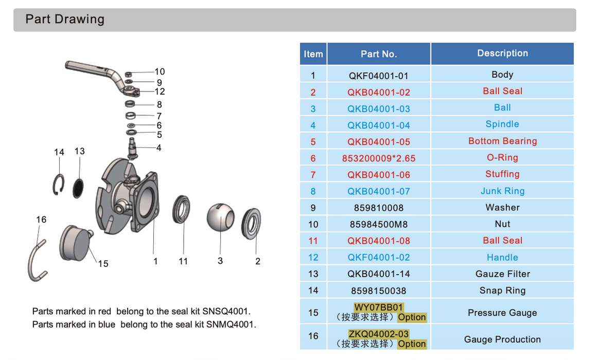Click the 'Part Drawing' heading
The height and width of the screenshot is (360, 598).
coord(65,20)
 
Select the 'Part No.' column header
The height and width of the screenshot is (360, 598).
coord(378,54)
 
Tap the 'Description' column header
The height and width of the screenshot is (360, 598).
coord(502,53)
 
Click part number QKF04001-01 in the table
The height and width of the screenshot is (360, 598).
coord(378,76)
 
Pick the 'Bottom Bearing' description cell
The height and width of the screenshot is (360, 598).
coord(502,141)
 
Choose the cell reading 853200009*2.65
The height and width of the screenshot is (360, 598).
coord(378,158)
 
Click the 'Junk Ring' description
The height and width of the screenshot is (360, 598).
coord(502,191)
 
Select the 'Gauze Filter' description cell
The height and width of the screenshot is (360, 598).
coord(502,274)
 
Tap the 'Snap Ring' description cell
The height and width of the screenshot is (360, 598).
coord(502,291)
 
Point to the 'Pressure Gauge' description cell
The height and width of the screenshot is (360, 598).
coord(502,313)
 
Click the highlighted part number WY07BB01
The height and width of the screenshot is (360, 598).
coord(378,308)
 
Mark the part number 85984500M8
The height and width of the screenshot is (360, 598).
coord(378,224)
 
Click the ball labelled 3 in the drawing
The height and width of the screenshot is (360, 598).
coord(221,218)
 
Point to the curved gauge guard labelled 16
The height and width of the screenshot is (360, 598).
coord(35,260)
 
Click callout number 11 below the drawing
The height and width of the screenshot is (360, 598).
coord(183,261)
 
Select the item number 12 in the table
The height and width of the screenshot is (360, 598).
coord(313,258)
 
